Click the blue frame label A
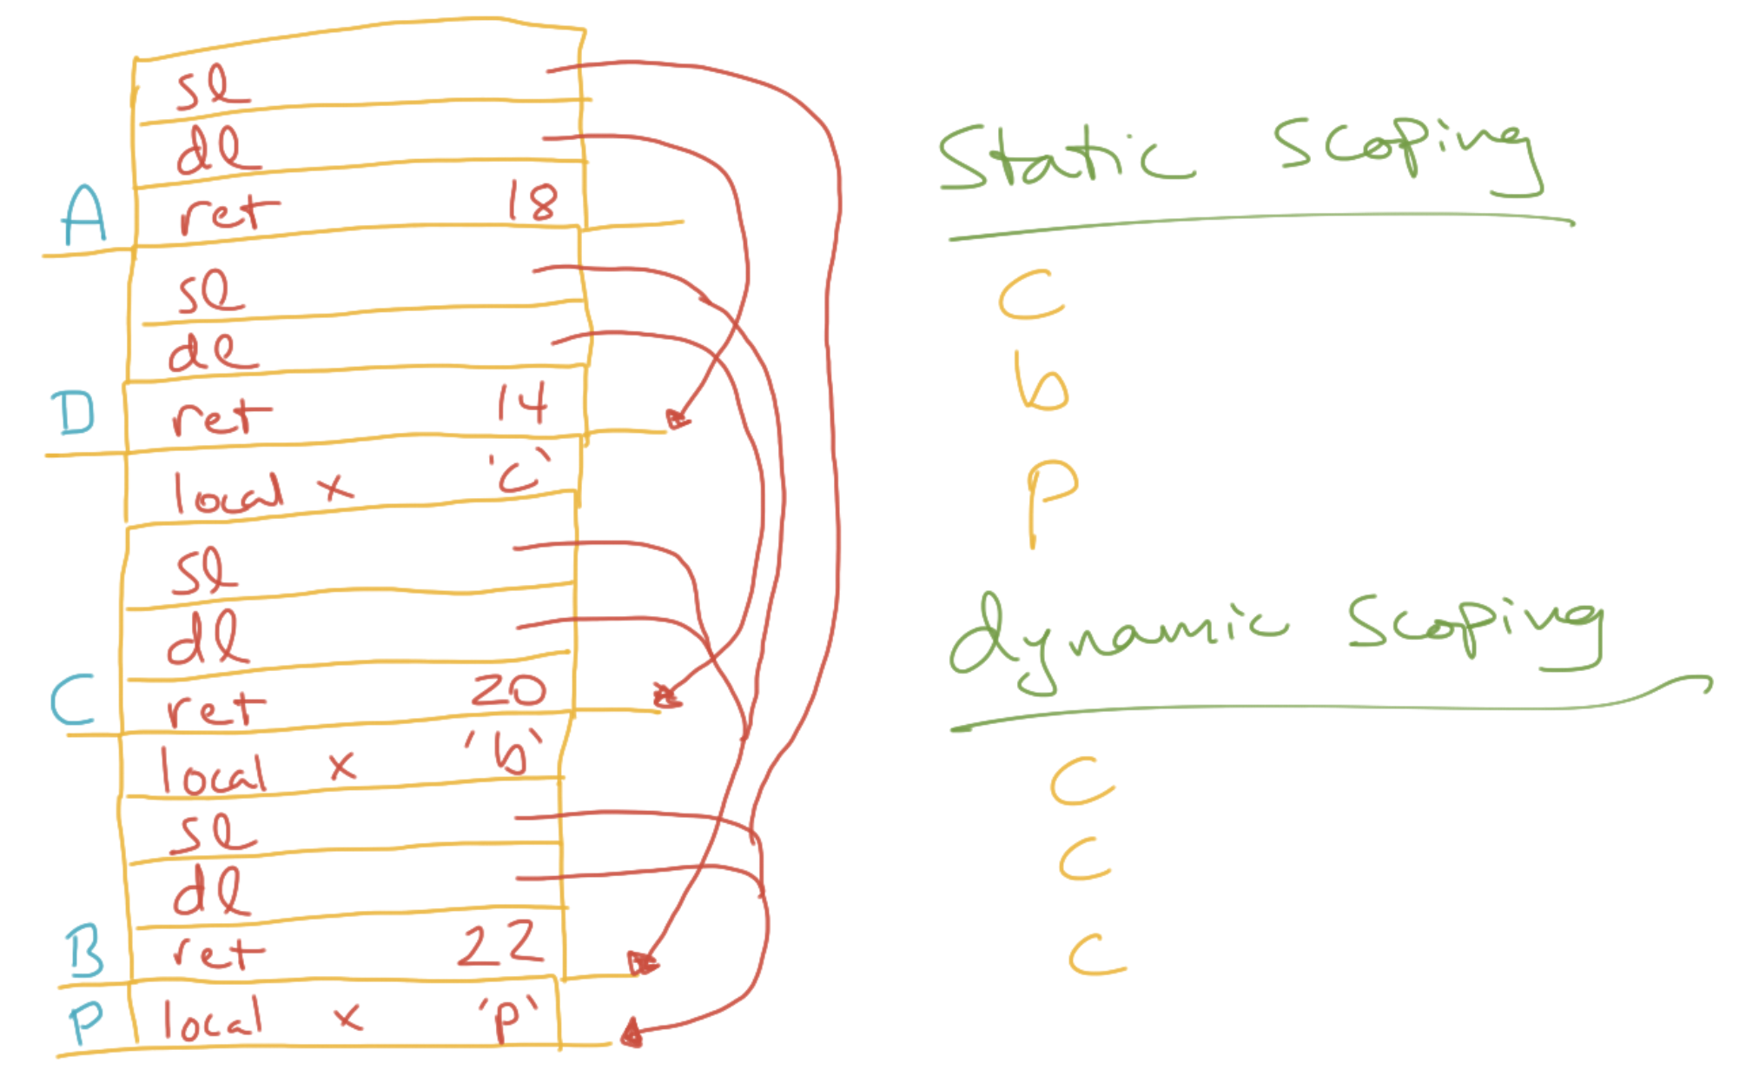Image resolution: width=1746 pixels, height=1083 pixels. [x=84, y=216]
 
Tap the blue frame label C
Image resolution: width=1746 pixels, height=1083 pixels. [x=72, y=701]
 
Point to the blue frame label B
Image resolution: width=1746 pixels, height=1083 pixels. [x=85, y=952]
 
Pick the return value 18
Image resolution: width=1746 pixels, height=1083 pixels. [x=532, y=203]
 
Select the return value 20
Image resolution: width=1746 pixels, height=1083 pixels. [x=508, y=690]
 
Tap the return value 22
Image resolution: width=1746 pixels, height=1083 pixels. [x=501, y=944]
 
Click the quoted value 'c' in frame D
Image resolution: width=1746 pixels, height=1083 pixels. [x=519, y=472]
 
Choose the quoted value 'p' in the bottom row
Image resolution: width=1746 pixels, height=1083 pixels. [x=507, y=1017]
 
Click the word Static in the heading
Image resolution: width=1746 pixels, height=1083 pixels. [x=1065, y=156]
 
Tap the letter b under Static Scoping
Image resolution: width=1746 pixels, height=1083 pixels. [x=1041, y=382]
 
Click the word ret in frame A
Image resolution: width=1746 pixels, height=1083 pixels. [x=228, y=214]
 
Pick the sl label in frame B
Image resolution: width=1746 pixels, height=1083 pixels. [x=214, y=834]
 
